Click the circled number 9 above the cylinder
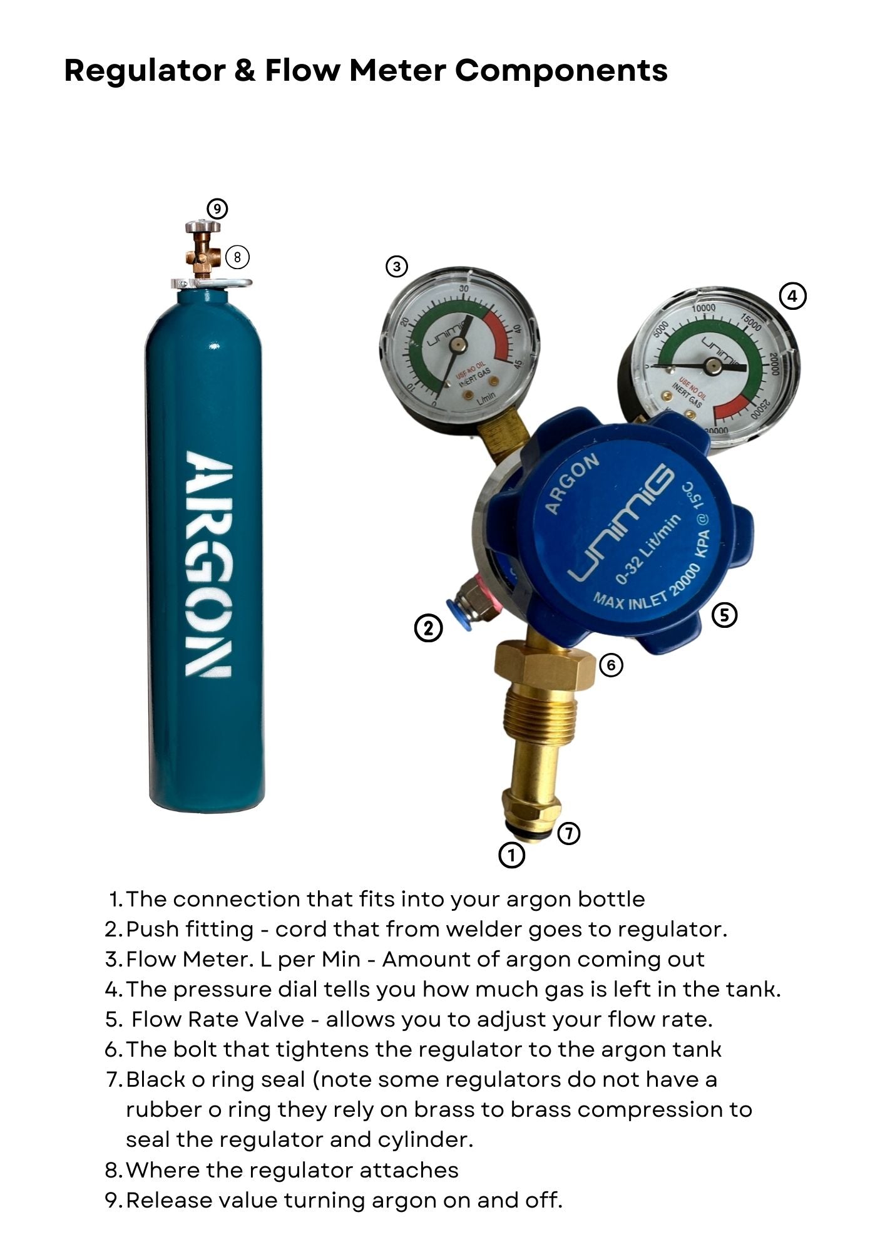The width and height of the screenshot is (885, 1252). coord(217,208)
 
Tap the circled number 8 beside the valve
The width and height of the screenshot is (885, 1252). coord(237,257)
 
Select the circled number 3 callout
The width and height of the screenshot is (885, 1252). coord(397,267)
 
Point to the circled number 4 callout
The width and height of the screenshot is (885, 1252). coord(792,295)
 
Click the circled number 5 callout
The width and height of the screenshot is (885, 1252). coord(724,615)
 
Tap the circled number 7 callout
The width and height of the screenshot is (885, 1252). coord(568,833)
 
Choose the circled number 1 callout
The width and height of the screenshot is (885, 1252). coord(511,855)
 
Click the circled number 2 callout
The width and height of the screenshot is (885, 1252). coord(429,628)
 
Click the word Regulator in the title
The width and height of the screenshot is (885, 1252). coord(146,70)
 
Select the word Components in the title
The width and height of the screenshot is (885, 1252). coord(561,70)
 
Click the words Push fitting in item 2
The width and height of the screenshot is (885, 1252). coord(190,929)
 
